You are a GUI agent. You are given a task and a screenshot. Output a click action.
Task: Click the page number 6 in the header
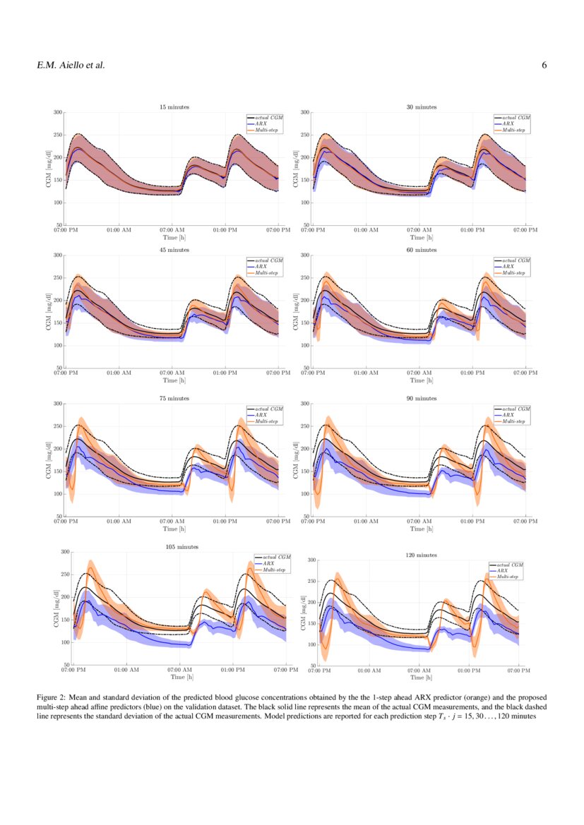(544, 66)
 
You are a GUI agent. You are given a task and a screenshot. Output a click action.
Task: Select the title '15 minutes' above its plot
(173, 107)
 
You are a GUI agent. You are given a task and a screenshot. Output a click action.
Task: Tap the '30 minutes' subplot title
(421, 107)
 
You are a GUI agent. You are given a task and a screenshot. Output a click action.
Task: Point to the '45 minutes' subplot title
(173, 250)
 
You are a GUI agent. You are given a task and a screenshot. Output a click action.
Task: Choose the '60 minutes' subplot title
(421, 250)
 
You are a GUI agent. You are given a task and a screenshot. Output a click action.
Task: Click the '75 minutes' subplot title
(173, 399)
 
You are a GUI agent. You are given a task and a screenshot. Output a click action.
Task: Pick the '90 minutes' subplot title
(421, 399)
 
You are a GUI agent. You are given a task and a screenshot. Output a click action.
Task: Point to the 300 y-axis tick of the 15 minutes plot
(55, 112)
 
